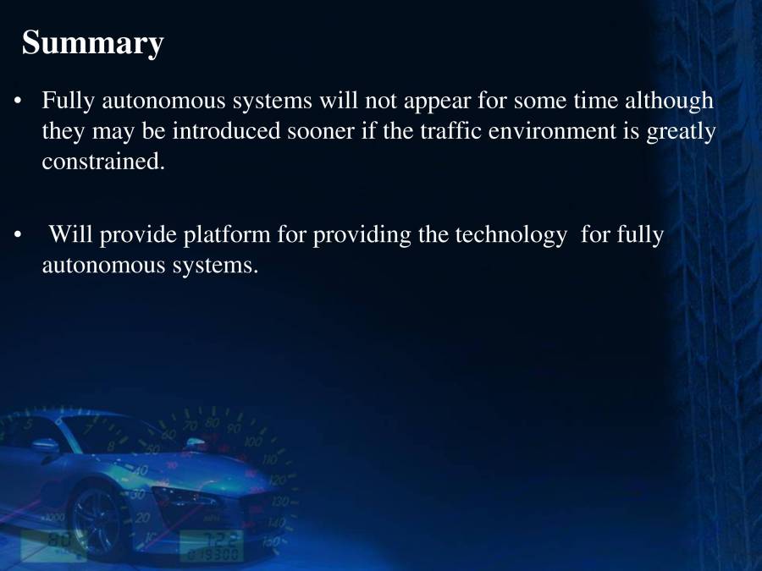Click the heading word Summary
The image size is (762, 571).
tap(92, 43)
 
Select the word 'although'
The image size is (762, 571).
tap(669, 102)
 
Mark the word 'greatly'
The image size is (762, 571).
tap(682, 133)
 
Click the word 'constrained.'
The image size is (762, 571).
tap(102, 162)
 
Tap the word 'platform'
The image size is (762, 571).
tap(228, 235)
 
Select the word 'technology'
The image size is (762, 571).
tap(511, 235)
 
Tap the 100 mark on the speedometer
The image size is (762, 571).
tap(253, 442)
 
